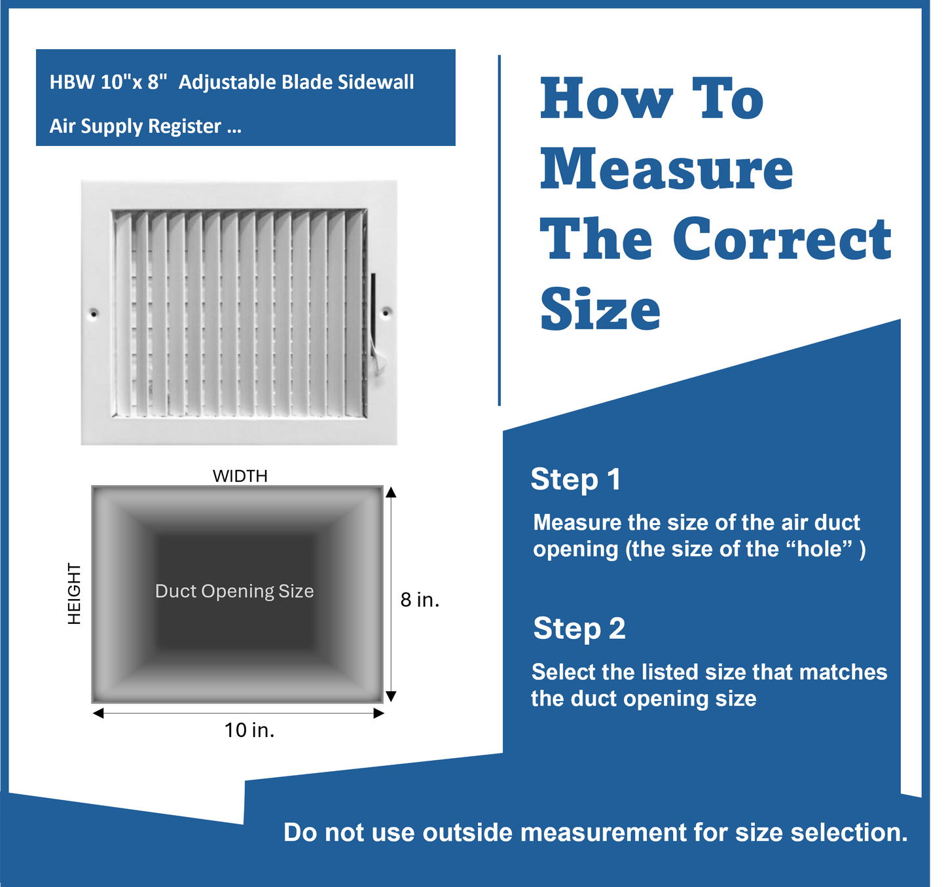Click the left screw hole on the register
click(94, 314)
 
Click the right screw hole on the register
click(386, 313)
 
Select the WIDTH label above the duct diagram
click(240, 476)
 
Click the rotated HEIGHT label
click(75, 593)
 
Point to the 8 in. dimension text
click(420, 600)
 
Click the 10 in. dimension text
click(249, 731)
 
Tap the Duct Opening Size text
click(234, 591)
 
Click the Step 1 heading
click(576, 479)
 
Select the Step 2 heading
click(579, 628)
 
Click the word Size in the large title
click(600, 309)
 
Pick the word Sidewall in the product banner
click(376, 82)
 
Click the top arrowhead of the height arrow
click(391, 492)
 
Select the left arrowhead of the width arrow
click(98, 713)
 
